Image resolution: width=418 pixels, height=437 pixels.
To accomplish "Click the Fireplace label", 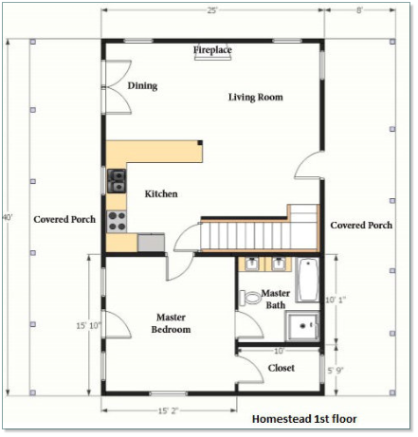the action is click(x=212, y=49).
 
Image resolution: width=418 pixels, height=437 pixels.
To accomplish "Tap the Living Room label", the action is click(x=256, y=97).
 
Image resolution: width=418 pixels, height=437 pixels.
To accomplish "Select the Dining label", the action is click(x=142, y=85).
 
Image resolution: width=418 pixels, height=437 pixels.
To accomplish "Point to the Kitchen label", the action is click(x=161, y=193).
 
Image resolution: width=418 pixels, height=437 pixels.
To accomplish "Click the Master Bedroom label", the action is click(x=171, y=323).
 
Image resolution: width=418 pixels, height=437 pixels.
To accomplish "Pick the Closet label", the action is click(x=282, y=368).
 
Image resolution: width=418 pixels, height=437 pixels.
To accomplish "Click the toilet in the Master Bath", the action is click(x=250, y=298).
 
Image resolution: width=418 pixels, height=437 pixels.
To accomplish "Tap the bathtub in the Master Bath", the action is click(x=308, y=280).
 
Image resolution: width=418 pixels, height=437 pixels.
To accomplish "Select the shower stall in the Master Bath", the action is click(x=302, y=325).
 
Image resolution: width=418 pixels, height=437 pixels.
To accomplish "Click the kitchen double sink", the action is click(x=117, y=181).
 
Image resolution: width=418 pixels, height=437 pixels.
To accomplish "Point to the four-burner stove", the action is click(x=117, y=222).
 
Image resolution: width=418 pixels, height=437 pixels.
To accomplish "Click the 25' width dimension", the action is click(x=212, y=10).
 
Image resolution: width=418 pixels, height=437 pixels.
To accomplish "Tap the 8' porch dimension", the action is click(x=359, y=10).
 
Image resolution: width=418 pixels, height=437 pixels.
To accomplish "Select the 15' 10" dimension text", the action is click(x=88, y=325).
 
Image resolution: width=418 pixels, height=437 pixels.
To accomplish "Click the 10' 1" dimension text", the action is click(x=336, y=300).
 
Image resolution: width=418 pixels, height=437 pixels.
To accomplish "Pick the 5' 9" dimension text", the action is click(x=336, y=370).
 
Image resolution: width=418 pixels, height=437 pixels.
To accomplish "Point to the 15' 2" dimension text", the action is click(x=169, y=410).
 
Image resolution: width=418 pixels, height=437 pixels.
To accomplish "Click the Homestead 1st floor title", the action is click(x=304, y=419).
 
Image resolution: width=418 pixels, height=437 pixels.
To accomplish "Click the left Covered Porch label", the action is click(x=64, y=219).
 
